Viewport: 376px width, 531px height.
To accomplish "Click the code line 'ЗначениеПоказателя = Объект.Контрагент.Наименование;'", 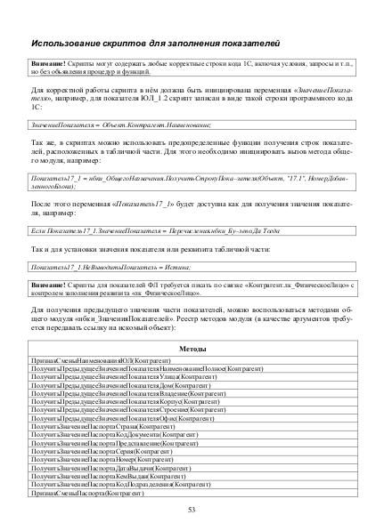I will point(103,128).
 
